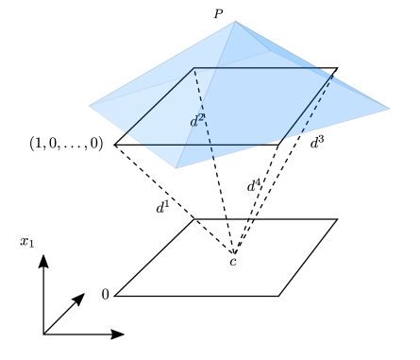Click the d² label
point(196,121)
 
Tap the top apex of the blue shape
point(236,22)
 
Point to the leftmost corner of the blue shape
point(90,106)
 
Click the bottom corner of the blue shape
point(176,168)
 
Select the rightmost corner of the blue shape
point(389,109)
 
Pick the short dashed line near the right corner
point(316,105)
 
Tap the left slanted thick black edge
point(160,100)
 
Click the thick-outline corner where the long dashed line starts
point(194,68)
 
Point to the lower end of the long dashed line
point(213,158)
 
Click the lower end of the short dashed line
point(302,133)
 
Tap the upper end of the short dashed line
point(331,77)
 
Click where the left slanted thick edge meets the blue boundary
point(126,132)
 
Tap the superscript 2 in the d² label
point(201,117)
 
